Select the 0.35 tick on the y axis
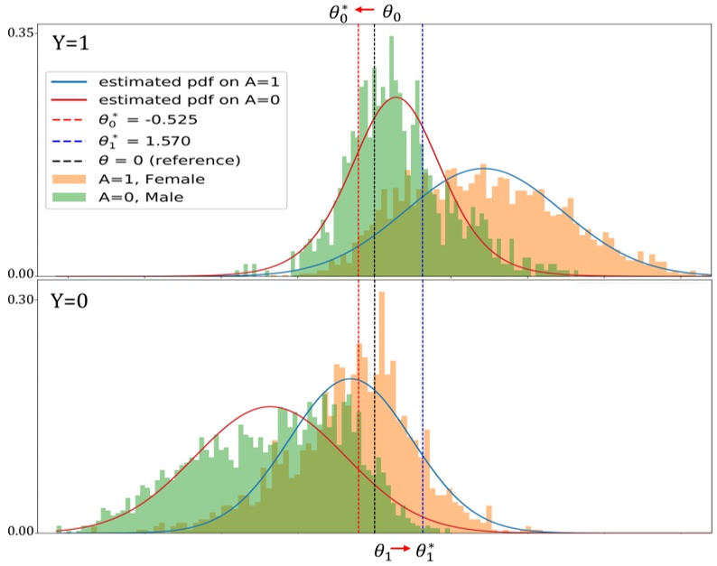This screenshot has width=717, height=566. pos(20,32)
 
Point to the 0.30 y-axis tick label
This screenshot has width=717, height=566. pos(20,299)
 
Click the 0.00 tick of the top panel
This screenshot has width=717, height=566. pos(20,274)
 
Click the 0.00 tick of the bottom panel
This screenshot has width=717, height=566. pos(20,532)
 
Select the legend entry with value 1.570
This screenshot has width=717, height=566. pos(144,141)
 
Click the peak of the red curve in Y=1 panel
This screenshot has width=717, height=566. pos(394,97)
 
